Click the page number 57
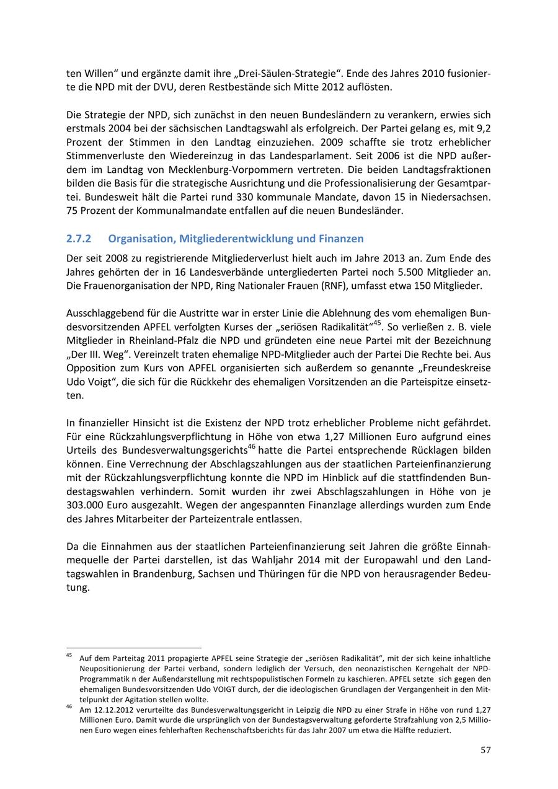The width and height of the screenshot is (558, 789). click(x=485, y=750)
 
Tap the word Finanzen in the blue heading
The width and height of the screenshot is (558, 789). click(x=341, y=239)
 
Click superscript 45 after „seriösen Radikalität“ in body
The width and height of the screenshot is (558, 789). click(x=377, y=323)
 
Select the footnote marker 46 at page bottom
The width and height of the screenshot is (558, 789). click(x=69, y=707)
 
